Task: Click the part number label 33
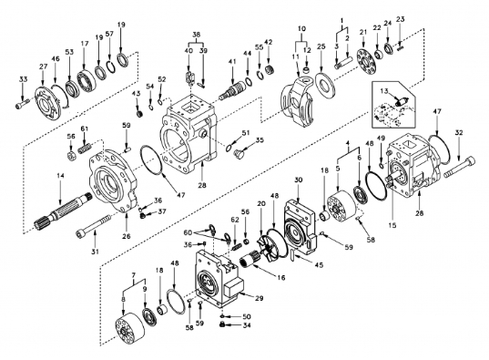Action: tap(23, 79)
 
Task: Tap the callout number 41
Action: tap(232, 61)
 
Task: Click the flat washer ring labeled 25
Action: tap(326, 83)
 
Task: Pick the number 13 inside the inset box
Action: tap(384, 91)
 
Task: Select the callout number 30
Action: tap(299, 180)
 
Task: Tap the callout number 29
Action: tap(259, 298)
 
